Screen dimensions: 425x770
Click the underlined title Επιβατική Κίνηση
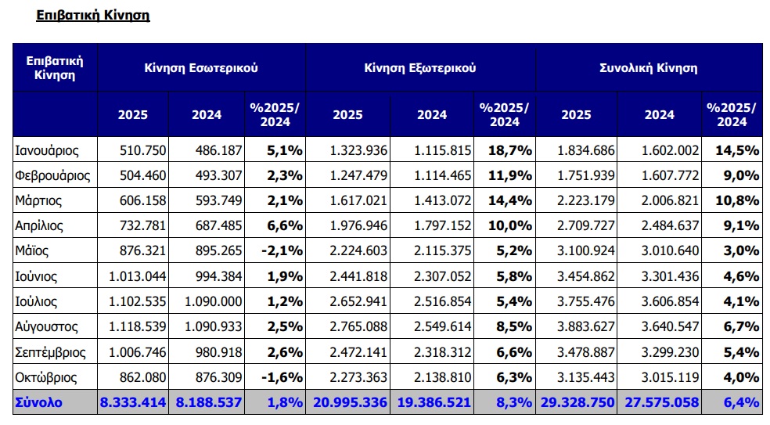(93, 15)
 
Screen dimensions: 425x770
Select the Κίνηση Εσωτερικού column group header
(200, 68)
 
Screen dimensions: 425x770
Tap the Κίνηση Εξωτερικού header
(419, 68)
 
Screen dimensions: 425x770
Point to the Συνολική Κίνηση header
(648, 68)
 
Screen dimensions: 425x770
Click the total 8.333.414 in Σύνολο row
(133, 402)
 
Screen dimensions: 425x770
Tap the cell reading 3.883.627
(586, 326)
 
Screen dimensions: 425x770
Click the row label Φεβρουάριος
(52, 175)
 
